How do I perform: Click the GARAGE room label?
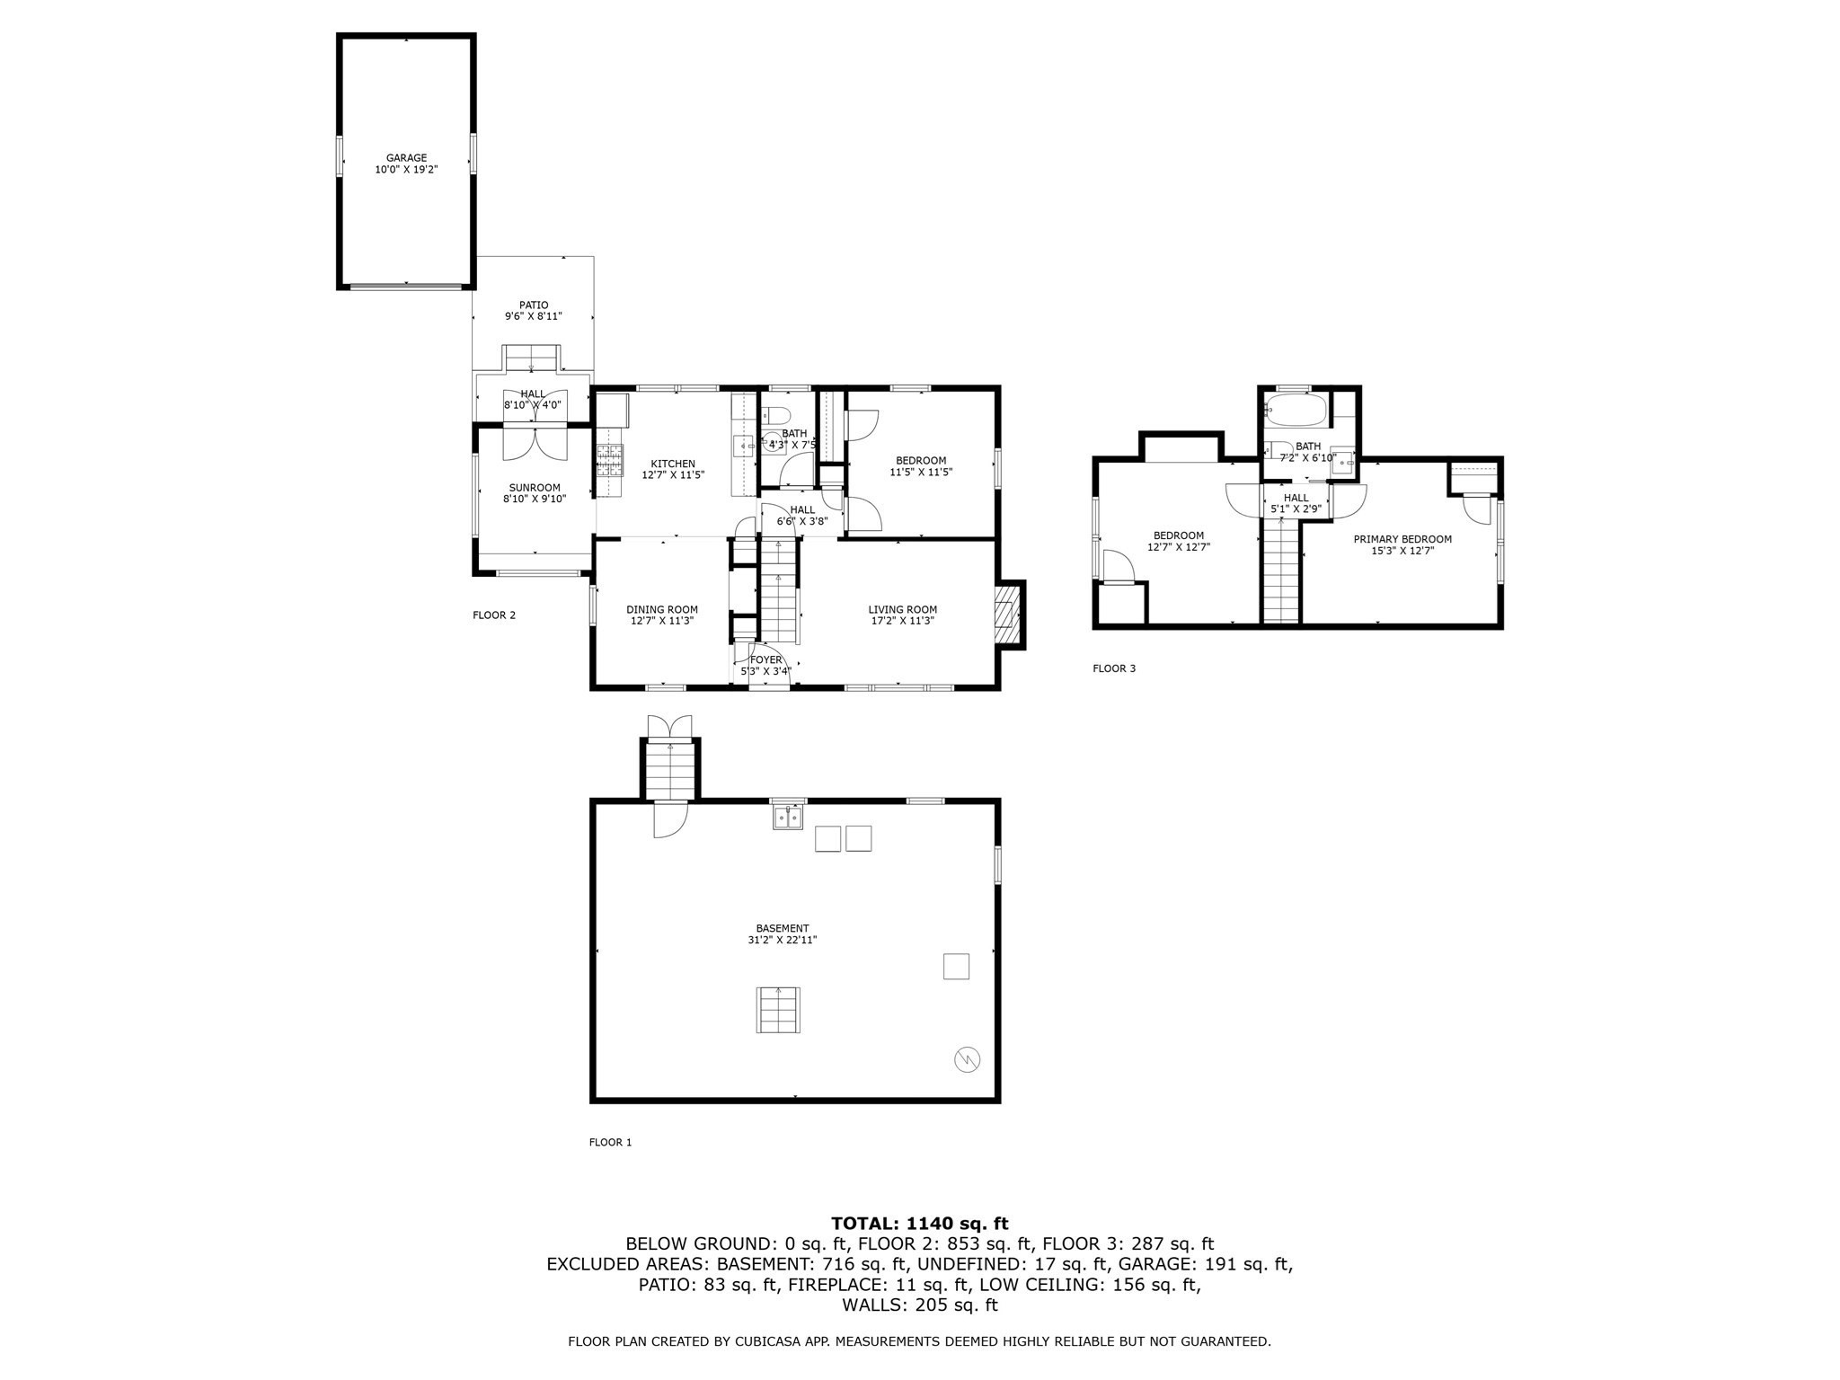click(x=406, y=158)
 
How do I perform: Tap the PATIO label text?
click(x=534, y=305)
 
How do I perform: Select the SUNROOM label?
click(x=535, y=488)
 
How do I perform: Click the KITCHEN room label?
click(x=673, y=464)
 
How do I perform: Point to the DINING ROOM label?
click(x=662, y=610)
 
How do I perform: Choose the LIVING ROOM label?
click(x=903, y=610)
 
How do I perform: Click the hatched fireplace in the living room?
click(x=1008, y=615)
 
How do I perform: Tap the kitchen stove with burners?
click(x=610, y=460)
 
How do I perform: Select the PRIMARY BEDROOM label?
click(x=1402, y=539)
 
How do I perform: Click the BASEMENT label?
click(x=783, y=928)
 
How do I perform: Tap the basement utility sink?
click(x=788, y=818)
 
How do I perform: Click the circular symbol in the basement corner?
click(x=967, y=1060)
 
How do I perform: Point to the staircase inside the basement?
click(x=778, y=1010)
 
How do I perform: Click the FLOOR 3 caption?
click(x=1114, y=668)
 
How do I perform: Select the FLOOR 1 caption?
click(x=610, y=1143)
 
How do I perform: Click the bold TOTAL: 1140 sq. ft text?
click(x=920, y=1223)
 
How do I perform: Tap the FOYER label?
click(x=766, y=659)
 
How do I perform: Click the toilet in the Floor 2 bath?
click(x=775, y=416)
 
